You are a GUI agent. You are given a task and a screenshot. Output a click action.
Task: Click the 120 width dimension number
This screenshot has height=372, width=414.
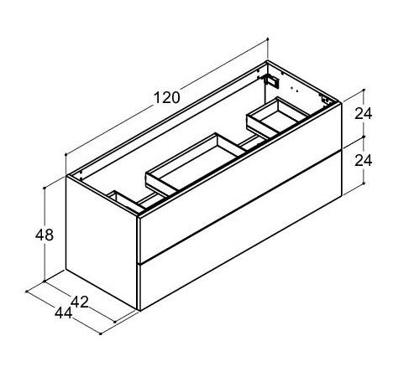167,97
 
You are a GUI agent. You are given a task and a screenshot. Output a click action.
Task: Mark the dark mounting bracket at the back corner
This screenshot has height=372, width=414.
271,80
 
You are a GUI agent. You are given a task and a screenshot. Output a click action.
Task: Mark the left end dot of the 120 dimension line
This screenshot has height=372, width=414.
66,156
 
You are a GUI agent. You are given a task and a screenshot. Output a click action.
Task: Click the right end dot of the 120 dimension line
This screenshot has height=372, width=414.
267,39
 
